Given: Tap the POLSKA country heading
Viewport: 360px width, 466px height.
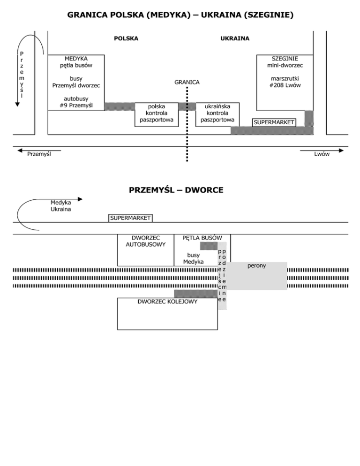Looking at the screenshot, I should pos(126,38).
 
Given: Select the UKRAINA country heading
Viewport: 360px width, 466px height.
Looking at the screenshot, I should pos(235,38).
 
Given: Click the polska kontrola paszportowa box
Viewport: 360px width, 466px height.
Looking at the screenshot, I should pos(157,113).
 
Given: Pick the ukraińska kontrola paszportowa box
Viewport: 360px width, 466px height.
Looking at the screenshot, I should pos(217,113).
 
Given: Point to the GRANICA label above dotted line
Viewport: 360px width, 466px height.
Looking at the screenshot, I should pos(187,82).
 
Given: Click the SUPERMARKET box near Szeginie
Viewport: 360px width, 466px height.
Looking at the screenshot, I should pos(274,122).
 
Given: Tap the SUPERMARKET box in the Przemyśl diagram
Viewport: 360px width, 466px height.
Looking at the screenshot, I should pos(130,218).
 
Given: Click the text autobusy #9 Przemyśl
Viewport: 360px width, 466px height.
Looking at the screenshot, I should pos(76,102).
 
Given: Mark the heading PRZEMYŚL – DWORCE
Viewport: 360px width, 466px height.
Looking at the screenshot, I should pos(176,190).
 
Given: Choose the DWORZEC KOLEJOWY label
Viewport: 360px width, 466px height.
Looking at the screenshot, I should pos(167,301).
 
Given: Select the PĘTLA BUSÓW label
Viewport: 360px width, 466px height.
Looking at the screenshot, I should pos(202,238).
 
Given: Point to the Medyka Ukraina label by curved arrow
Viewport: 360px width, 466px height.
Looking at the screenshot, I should pos(61,206).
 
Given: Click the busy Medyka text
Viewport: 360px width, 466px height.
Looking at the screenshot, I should pos(193,258).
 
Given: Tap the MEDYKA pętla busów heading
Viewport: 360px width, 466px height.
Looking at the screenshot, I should pos(76,62).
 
